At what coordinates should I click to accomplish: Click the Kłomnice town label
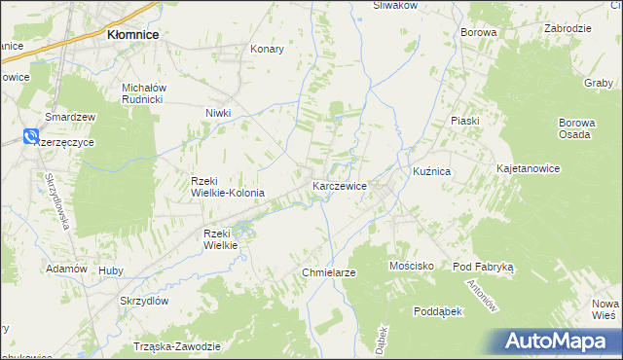(132, 34)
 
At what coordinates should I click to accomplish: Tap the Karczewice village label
(339, 185)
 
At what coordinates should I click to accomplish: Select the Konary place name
(267, 49)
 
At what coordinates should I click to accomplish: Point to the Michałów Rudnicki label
(145, 91)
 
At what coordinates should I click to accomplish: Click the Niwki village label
(218, 113)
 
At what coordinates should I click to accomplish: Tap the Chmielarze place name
(329, 272)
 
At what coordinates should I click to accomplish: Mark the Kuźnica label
(431, 171)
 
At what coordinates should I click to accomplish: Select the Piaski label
(465, 120)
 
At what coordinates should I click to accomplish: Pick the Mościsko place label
(411, 266)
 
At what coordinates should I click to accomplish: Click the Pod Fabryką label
(490, 266)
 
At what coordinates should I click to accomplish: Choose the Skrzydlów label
(145, 302)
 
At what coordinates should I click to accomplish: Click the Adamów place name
(67, 269)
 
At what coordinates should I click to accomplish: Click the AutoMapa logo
(557, 342)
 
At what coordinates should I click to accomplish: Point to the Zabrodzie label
(569, 29)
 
